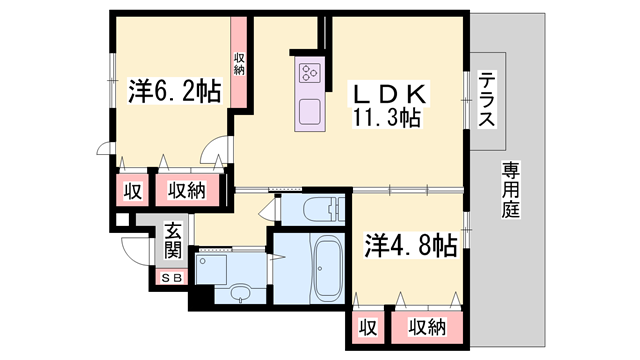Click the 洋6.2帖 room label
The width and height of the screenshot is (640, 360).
click(174, 92)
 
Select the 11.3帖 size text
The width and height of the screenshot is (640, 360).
click(384, 118)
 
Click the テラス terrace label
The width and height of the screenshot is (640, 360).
click(487, 100)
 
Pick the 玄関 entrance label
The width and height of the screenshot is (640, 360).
click(173, 241)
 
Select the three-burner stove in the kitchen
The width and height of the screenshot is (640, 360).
click(309, 71)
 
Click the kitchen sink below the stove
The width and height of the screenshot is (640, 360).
click(309, 109)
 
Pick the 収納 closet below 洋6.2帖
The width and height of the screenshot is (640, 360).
click(186, 190)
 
